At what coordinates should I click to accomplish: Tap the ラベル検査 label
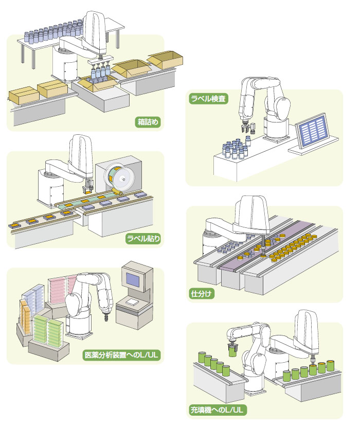(209, 97)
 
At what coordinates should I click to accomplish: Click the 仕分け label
(202, 294)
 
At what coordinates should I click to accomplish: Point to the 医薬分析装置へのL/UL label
(121, 355)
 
